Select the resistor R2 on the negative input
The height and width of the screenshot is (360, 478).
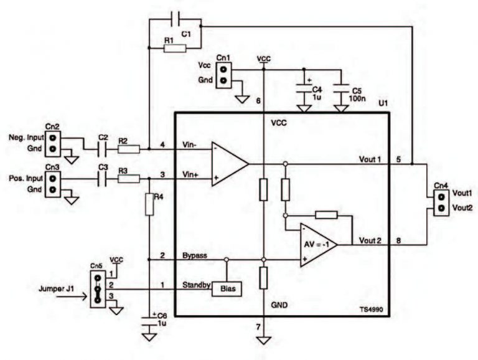point(129,149)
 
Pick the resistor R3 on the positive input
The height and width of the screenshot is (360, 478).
point(129,179)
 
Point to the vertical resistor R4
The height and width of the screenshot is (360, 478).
point(149,204)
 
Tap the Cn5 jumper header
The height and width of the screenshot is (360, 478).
point(97,289)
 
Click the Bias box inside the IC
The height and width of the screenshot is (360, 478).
point(227,289)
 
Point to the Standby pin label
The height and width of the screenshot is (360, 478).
point(195,286)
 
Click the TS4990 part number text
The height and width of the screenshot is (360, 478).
point(372,309)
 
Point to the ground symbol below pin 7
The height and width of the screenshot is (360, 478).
point(264,340)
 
